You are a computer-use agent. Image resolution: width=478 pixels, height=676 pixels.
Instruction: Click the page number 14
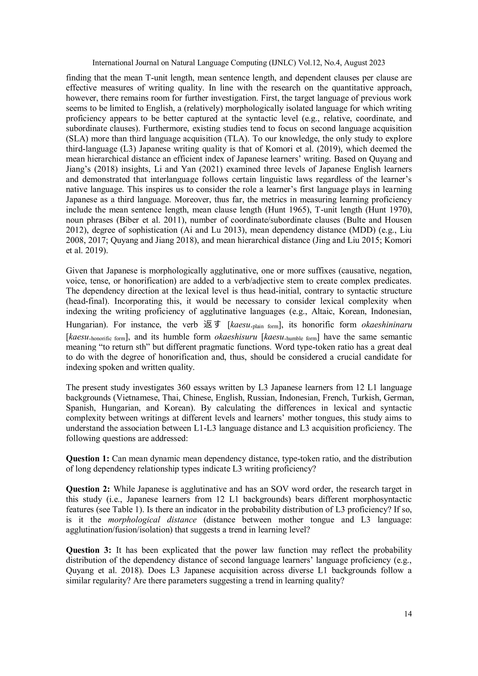point(408,614)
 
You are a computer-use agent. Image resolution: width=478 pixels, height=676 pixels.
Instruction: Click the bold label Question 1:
point(88,458)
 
